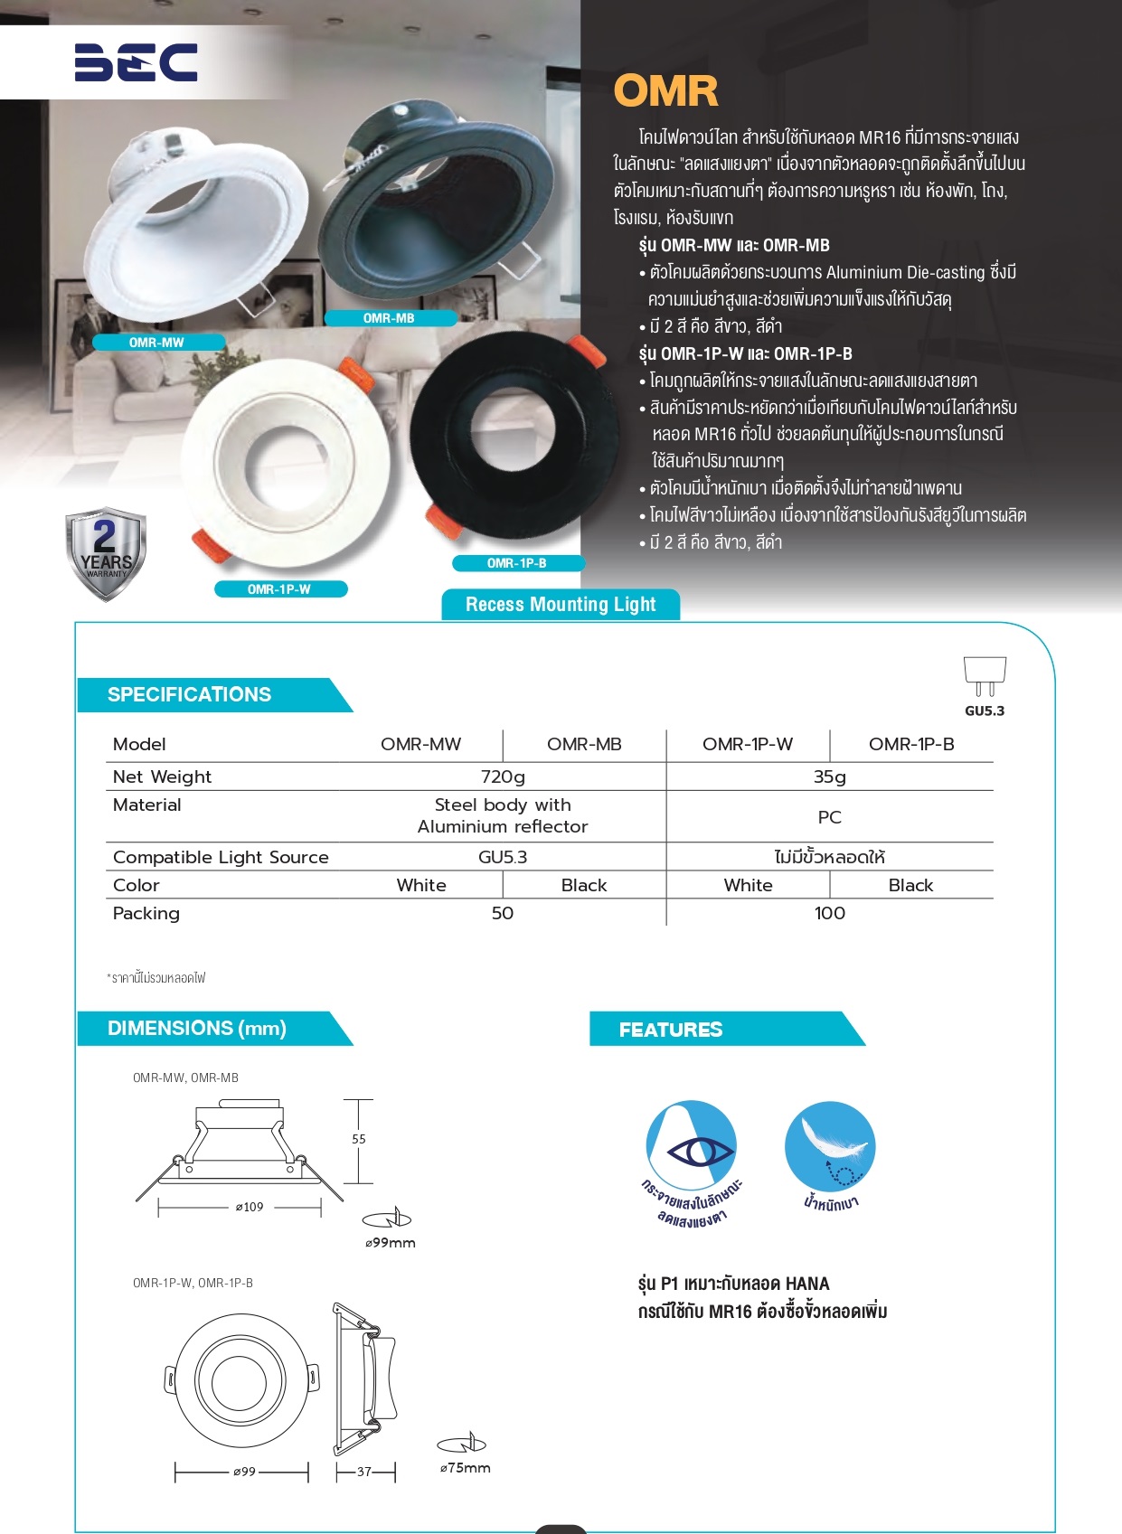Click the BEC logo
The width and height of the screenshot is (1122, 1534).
(x=136, y=62)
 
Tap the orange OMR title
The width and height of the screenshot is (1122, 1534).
(x=665, y=90)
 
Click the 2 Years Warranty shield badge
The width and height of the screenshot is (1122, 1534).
(x=106, y=554)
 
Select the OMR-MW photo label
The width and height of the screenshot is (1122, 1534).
(x=156, y=343)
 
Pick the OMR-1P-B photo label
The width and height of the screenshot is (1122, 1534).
(x=516, y=563)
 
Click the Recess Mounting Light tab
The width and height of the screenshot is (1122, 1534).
(x=561, y=605)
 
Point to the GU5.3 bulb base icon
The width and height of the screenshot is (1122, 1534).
(x=985, y=675)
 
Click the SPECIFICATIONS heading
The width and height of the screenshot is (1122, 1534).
(x=189, y=694)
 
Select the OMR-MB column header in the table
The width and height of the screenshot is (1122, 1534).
(x=584, y=744)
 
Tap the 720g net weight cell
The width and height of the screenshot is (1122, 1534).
(x=503, y=776)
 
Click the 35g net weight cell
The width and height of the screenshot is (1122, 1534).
(x=829, y=776)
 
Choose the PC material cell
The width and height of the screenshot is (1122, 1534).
(x=829, y=817)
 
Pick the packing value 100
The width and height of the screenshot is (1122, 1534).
(x=829, y=913)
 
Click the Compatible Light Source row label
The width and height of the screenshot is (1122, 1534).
(x=221, y=857)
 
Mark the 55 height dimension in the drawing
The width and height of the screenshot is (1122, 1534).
(x=359, y=1139)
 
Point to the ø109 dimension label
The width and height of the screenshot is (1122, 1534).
(x=250, y=1207)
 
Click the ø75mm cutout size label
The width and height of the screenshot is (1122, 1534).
(x=466, y=1468)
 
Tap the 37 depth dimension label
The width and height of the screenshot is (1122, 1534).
(x=364, y=1472)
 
